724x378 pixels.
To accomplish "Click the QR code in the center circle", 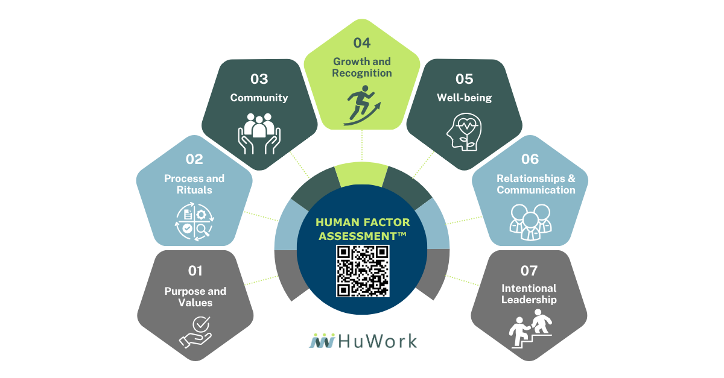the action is [362, 271].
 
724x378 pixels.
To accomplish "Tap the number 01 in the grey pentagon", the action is [195, 270].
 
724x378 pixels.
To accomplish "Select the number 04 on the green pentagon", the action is [362, 43].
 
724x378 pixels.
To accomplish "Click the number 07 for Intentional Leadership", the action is [529, 270].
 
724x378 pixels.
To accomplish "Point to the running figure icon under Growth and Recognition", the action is [362, 105].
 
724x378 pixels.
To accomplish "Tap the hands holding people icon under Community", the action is [259, 130].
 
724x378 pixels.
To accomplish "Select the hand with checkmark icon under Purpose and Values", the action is [195, 332].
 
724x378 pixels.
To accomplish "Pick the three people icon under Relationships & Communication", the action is [529, 219].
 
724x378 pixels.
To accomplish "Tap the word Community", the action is [259, 98].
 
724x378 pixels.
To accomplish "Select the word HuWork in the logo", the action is [378, 341].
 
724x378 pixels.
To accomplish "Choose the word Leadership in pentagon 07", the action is [529, 300].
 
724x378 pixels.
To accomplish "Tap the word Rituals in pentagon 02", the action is [195, 190].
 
